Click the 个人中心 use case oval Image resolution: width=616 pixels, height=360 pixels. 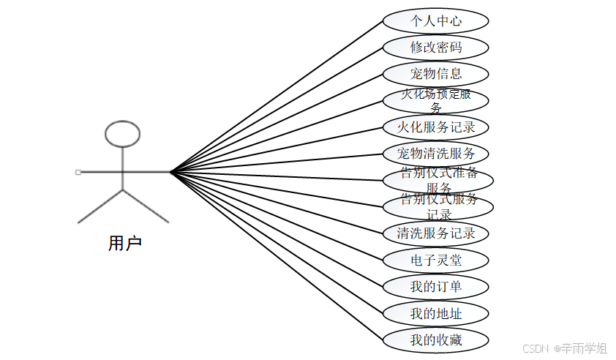pyautogui.click(x=436, y=20)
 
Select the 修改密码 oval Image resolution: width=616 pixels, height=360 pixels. pyautogui.click(x=436, y=48)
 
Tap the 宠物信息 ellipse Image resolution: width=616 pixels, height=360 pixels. pyautogui.click(x=436, y=74)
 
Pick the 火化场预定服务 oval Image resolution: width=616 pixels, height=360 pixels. pyautogui.click(x=436, y=100)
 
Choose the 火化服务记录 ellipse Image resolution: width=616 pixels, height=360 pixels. pyautogui.click(x=436, y=127)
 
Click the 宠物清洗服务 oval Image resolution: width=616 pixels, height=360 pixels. pyautogui.click(x=436, y=154)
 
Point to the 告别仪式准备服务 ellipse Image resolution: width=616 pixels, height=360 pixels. pyautogui.click(x=438, y=180)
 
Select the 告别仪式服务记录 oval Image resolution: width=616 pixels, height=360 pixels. pyautogui.click(x=438, y=206)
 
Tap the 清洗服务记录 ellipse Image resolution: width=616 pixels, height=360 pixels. pyautogui.click(x=436, y=233)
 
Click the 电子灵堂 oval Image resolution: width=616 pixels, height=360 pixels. pyautogui.click(x=436, y=260)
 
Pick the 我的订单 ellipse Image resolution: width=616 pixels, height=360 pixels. pyautogui.click(x=436, y=286)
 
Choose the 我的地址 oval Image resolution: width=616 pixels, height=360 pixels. pyautogui.click(x=436, y=313)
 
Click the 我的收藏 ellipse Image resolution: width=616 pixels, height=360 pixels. pyautogui.click(x=436, y=340)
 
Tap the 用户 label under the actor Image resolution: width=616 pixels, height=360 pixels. pyautogui.click(x=124, y=244)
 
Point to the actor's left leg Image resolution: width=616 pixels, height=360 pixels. pyautogui.click(x=101, y=206)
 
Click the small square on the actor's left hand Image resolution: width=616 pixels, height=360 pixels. pyautogui.click(x=78, y=172)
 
